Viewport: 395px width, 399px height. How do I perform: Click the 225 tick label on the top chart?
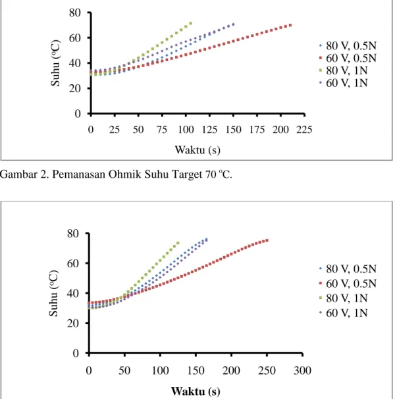pos(304,130)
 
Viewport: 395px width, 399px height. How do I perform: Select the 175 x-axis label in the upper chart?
pos(257,130)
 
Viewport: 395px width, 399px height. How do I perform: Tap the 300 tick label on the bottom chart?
pos(302,371)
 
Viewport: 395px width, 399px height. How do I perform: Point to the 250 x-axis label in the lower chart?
pos(267,371)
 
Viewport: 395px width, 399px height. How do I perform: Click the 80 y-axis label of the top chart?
pos(75,13)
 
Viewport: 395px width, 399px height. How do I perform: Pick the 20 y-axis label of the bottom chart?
pos(73,323)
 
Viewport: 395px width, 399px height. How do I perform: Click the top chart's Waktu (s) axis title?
pos(197,150)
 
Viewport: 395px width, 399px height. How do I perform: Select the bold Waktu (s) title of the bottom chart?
pos(196,391)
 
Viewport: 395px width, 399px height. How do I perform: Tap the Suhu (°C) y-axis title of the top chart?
pos(55,63)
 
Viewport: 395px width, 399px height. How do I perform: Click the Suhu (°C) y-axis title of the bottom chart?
pos(53,294)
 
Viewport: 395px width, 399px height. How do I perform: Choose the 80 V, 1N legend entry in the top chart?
pos(344,70)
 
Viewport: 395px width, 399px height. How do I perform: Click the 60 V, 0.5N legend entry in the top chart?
pos(348,58)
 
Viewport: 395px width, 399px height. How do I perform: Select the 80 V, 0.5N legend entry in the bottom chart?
pos(348,269)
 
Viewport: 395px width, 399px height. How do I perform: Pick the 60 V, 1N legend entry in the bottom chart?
pos(344,313)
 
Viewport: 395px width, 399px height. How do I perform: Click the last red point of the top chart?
pos(290,25)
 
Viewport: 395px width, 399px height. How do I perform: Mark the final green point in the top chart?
pos(191,24)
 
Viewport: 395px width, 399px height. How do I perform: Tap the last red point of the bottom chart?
pos(267,240)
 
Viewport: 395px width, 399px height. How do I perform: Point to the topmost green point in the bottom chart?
pos(178,243)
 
